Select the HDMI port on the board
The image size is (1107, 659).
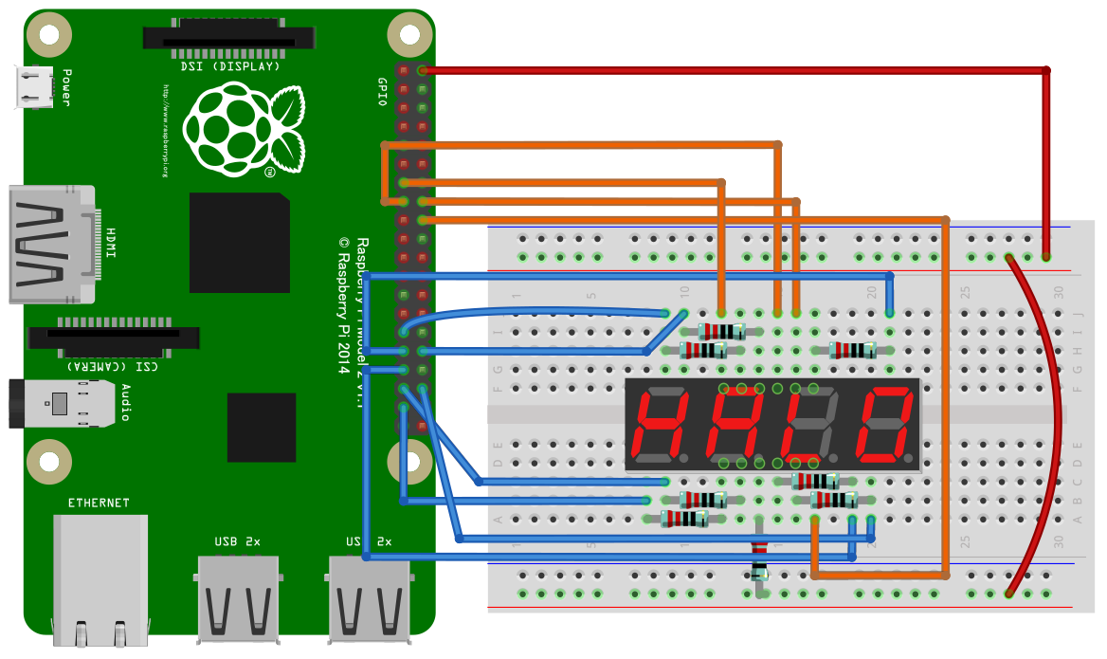(x=51, y=244)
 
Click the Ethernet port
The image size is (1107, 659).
(x=100, y=574)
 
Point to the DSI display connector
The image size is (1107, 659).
(x=228, y=38)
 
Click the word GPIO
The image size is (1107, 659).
(x=382, y=92)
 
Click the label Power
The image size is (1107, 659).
(x=66, y=87)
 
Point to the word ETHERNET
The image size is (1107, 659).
(x=99, y=502)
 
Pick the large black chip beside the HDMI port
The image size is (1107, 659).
(x=239, y=243)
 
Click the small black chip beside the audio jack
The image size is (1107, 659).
(x=261, y=427)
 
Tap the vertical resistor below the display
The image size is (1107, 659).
(x=758, y=559)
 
